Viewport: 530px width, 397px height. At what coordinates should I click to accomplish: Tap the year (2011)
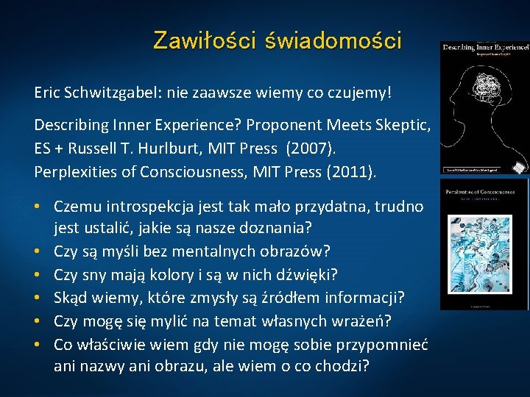pyautogui.click(x=352, y=173)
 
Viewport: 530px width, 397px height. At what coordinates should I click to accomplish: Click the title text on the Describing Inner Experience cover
pyautogui.click(x=484, y=47)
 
